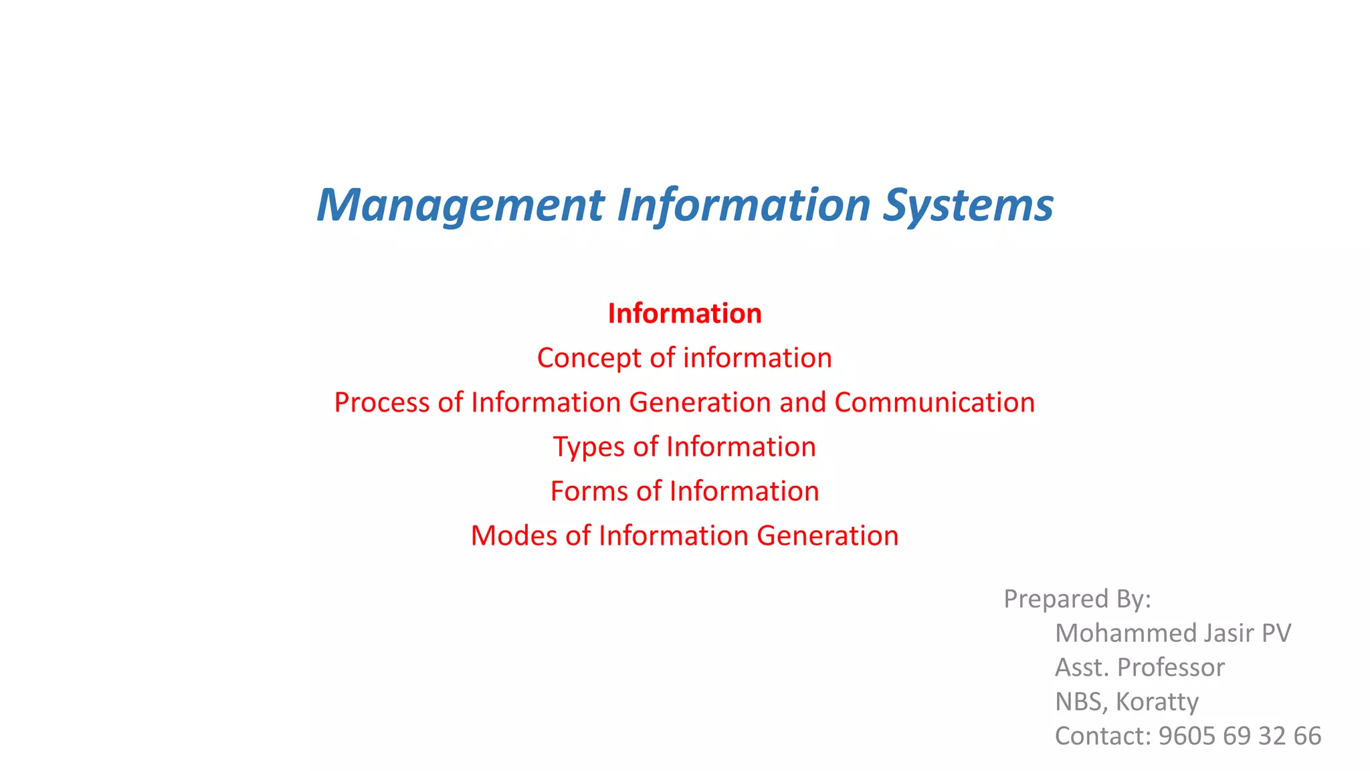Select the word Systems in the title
point(968,205)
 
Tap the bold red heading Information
point(684,313)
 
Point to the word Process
point(381,402)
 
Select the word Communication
point(935,402)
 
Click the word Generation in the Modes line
point(827,535)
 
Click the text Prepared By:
point(1077,598)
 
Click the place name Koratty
point(1157,701)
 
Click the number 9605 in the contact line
point(1187,736)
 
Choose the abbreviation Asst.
point(1082,667)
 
